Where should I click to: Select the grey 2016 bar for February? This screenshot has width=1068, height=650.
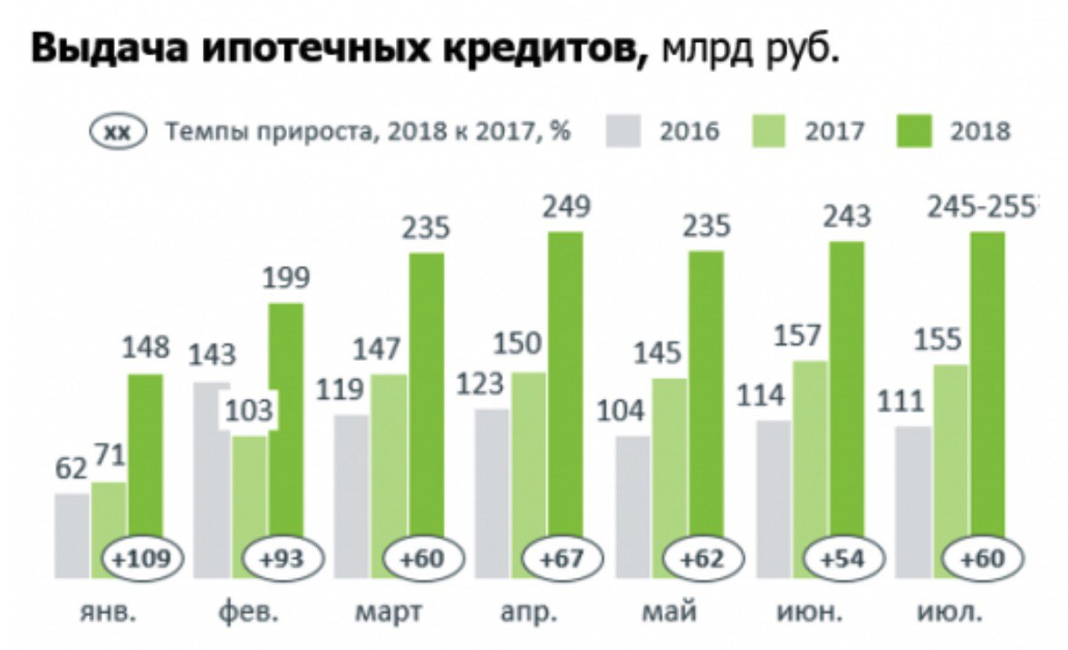coord(212,471)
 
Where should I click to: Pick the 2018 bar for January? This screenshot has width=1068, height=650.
coord(145,453)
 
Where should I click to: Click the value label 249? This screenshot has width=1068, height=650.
coord(565,208)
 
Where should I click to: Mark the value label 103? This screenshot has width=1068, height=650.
coord(247,412)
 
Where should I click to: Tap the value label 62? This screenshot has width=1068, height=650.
coord(70,470)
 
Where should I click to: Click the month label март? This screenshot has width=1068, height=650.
coord(388,614)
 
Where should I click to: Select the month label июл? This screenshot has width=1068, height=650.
coord(950,614)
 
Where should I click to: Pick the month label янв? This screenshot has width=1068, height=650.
coord(108,614)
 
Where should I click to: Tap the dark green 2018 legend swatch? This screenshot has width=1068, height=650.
coord(918,131)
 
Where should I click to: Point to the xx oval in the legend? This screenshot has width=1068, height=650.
coord(118,131)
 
